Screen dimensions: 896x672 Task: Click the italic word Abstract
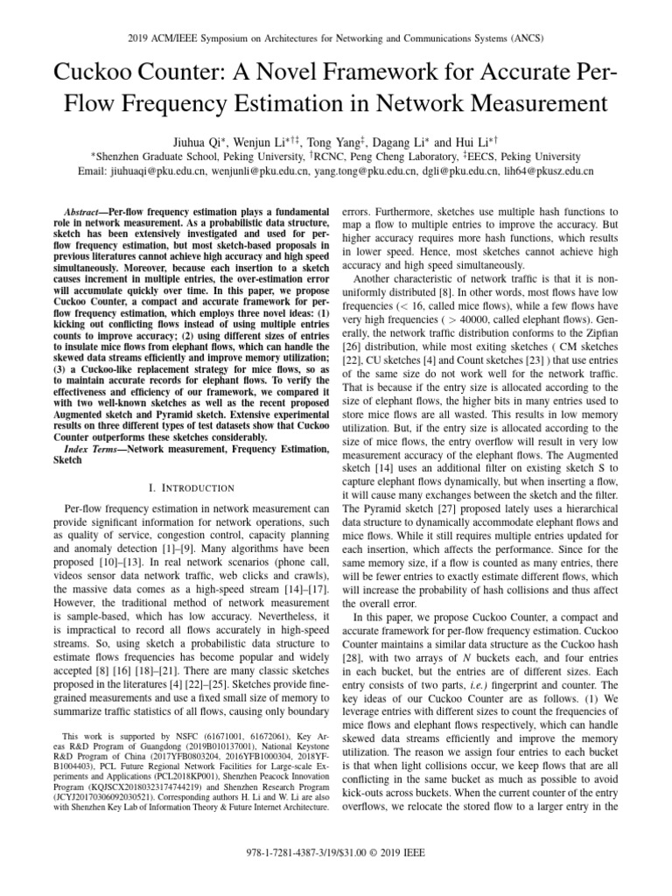(83, 213)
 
